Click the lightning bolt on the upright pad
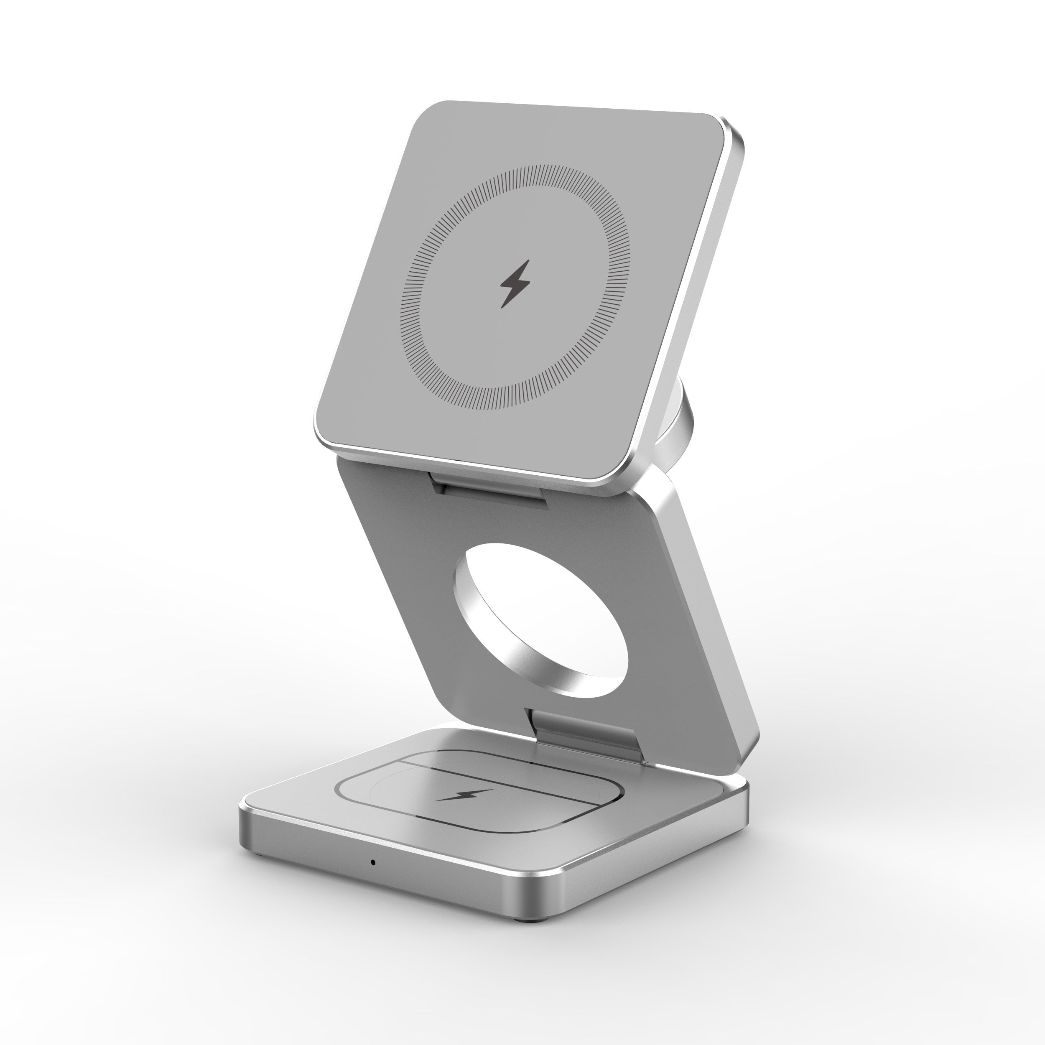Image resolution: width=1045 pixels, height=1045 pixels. [515, 283]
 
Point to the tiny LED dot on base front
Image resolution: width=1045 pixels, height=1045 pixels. [373, 861]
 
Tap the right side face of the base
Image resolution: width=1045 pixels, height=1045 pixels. [649, 844]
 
